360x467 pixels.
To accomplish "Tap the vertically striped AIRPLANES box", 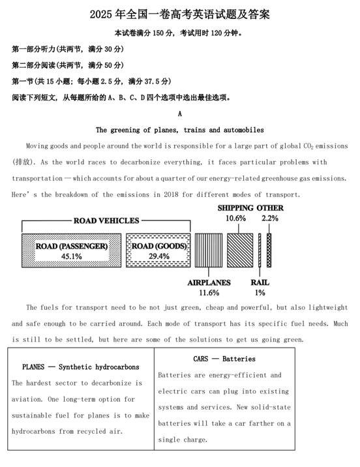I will (x=208, y=250).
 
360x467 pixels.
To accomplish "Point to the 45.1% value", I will (x=71, y=256).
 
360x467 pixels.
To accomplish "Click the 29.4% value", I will (x=159, y=256).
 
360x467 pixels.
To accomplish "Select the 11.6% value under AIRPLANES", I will (x=209, y=293).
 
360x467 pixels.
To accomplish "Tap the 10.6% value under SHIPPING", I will (x=235, y=218).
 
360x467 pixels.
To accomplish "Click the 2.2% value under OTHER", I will (x=270, y=218).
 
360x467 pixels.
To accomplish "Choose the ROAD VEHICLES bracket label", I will (x=106, y=221).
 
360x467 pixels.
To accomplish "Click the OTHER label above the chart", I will (x=269, y=208).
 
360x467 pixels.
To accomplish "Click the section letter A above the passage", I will (x=179, y=114).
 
